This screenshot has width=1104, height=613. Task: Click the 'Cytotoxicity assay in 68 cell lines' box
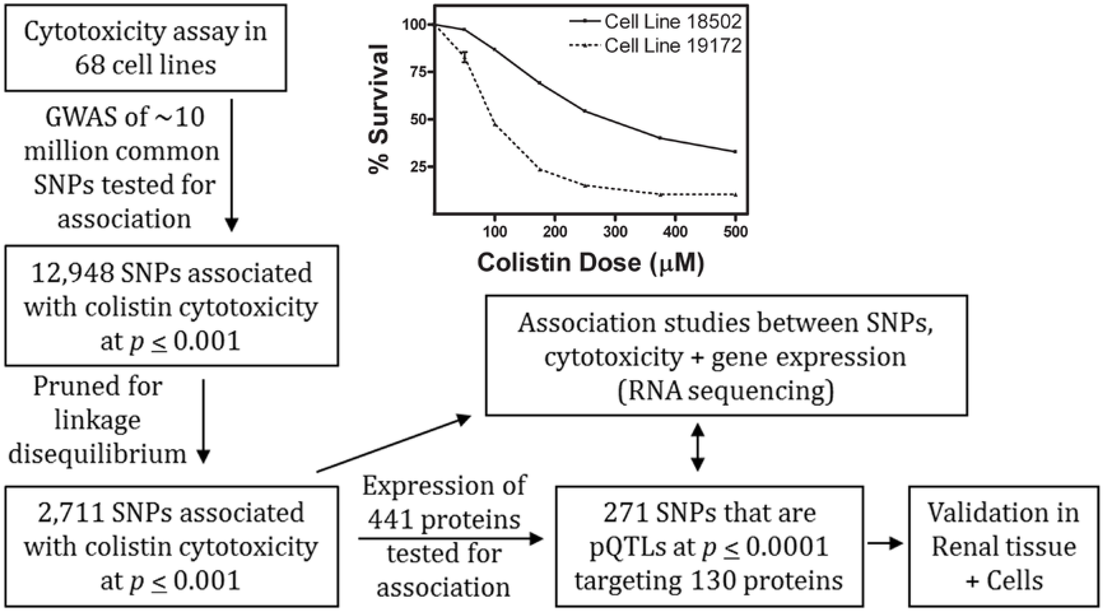(x=145, y=48)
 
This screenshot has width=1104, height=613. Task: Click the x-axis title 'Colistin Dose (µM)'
(x=591, y=262)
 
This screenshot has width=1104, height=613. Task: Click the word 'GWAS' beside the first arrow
(x=81, y=117)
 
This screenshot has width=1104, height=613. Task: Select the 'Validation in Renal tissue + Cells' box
(x=1004, y=546)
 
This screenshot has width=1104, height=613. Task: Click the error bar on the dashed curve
(x=465, y=57)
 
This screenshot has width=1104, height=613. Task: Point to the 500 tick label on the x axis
(x=735, y=232)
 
